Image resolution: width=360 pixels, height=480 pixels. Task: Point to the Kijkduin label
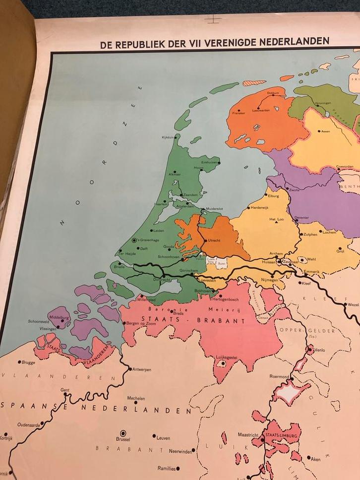click(x=169, y=137)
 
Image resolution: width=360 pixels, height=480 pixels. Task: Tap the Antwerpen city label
click(x=141, y=369)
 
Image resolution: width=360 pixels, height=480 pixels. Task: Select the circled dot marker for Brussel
click(x=123, y=432)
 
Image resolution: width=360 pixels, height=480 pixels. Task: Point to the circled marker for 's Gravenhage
click(x=134, y=240)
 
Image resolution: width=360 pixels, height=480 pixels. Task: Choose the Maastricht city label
click(x=248, y=435)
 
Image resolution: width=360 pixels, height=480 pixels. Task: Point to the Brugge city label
click(x=29, y=362)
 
